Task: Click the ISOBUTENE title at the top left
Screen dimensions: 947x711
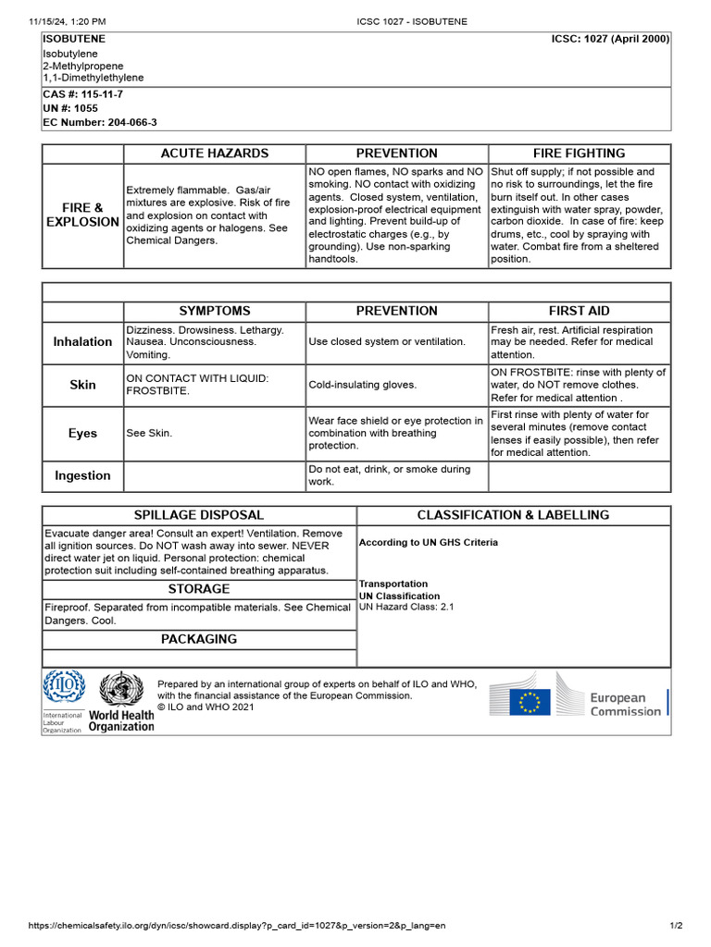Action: pos(74,39)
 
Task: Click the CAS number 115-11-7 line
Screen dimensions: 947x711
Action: pos(82,94)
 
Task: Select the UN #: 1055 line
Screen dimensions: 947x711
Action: pos(69,108)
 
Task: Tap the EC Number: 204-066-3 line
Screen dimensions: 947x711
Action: pos(99,122)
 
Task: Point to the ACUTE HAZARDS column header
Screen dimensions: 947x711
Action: pos(215,154)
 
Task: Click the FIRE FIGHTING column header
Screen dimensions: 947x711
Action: pos(579,154)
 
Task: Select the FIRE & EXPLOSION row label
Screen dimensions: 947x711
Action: pos(82,215)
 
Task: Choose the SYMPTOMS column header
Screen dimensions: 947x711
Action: pos(215,311)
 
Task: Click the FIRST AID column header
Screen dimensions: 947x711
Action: pos(579,311)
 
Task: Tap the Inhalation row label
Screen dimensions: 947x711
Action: pos(82,342)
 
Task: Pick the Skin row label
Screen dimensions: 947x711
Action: pos(82,385)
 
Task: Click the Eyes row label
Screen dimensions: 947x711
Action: pos(82,433)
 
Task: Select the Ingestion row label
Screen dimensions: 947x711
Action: pos(82,475)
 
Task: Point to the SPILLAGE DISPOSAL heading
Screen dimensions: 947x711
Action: pos(199,515)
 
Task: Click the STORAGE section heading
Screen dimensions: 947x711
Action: pos(199,589)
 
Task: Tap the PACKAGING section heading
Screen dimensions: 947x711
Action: pos(199,639)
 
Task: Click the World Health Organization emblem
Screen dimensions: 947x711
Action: pos(121,690)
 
